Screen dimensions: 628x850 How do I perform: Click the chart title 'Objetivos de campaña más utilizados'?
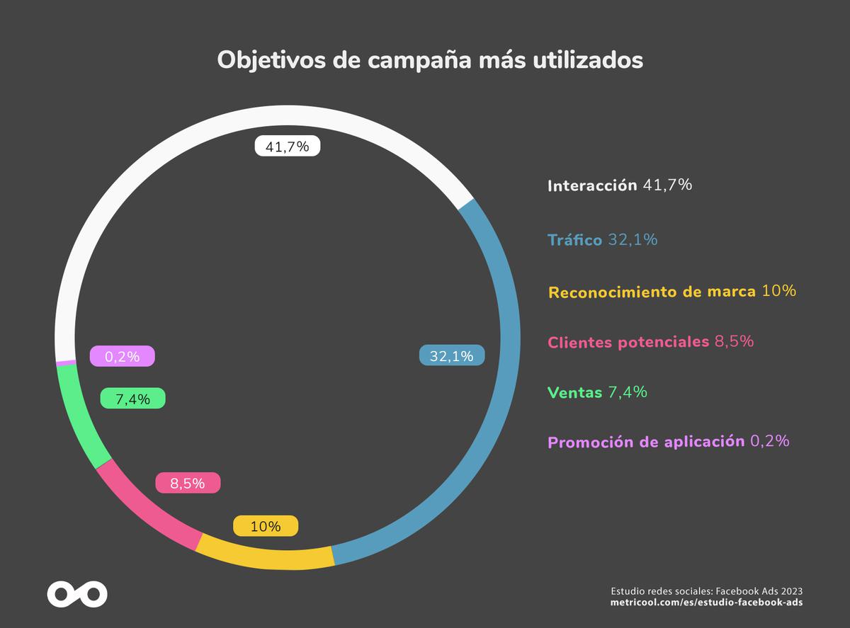[x=430, y=60]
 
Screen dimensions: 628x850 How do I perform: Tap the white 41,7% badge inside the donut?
[x=287, y=147]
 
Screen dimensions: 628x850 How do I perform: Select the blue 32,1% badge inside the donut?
[x=452, y=356]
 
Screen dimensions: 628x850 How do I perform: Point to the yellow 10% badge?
[x=266, y=526]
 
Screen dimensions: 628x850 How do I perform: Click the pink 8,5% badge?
[x=188, y=484]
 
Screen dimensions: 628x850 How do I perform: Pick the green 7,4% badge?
[x=132, y=399]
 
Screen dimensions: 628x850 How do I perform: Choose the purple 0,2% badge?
[x=123, y=356]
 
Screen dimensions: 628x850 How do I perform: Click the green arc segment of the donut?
[x=78, y=418]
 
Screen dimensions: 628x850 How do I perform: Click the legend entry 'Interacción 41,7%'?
[x=619, y=186]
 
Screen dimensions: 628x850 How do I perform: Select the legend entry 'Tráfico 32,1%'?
[x=602, y=240]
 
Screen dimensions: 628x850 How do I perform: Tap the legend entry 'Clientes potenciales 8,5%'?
[x=650, y=342]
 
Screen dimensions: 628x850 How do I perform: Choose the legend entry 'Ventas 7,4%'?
[x=597, y=392]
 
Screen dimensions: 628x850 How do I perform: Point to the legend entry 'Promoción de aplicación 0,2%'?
[x=668, y=442]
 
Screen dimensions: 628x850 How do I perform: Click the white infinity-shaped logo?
[x=77, y=593]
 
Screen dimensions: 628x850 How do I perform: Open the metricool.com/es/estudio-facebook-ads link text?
[x=706, y=603]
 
